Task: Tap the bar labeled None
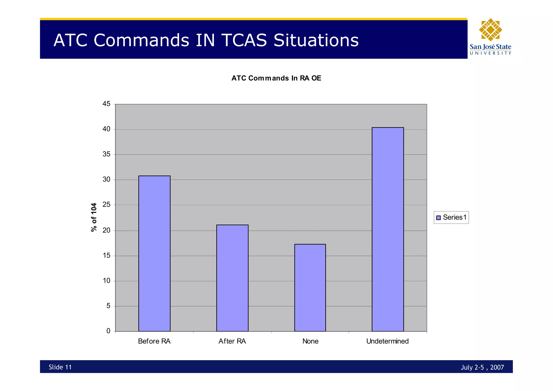tap(310, 288)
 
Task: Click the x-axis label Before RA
tap(154, 341)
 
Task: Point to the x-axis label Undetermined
tap(387, 341)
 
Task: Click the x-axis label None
tap(310, 341)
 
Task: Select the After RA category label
tap(232, 341)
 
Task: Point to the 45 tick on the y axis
tap(106, 104)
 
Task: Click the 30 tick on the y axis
tap(106, 179)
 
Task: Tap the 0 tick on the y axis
tap(108, 331)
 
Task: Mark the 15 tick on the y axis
tap(106, 256)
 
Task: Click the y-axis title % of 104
tap(94, 217)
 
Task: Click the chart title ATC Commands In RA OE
tap(276, 78)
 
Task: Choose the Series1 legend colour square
tap(438, 218)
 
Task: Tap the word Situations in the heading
tap(316, 40)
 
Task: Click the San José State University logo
tap(490, 37)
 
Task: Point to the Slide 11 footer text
tap(60, 367)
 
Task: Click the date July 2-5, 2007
tap(482, 367)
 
